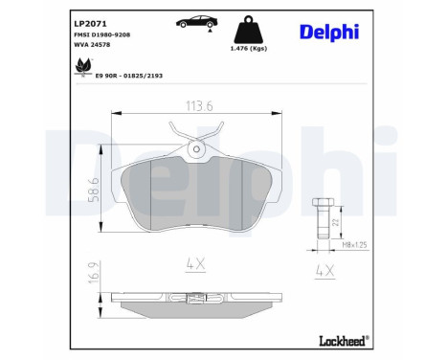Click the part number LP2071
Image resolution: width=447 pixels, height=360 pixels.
[90, 24]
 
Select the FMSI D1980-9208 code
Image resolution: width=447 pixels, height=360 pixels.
[102, 34]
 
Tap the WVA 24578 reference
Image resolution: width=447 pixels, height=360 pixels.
[92, 45]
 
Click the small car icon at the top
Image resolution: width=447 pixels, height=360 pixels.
[197, 22]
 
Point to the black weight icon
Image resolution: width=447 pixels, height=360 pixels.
[249, 30]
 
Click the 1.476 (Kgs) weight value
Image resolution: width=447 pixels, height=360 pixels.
[249, 48]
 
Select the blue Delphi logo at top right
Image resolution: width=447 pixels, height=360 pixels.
[329, 33]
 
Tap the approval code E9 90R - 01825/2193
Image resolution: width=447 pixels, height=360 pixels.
[129, 76]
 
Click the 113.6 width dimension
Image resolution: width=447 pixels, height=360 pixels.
[199, 106]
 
